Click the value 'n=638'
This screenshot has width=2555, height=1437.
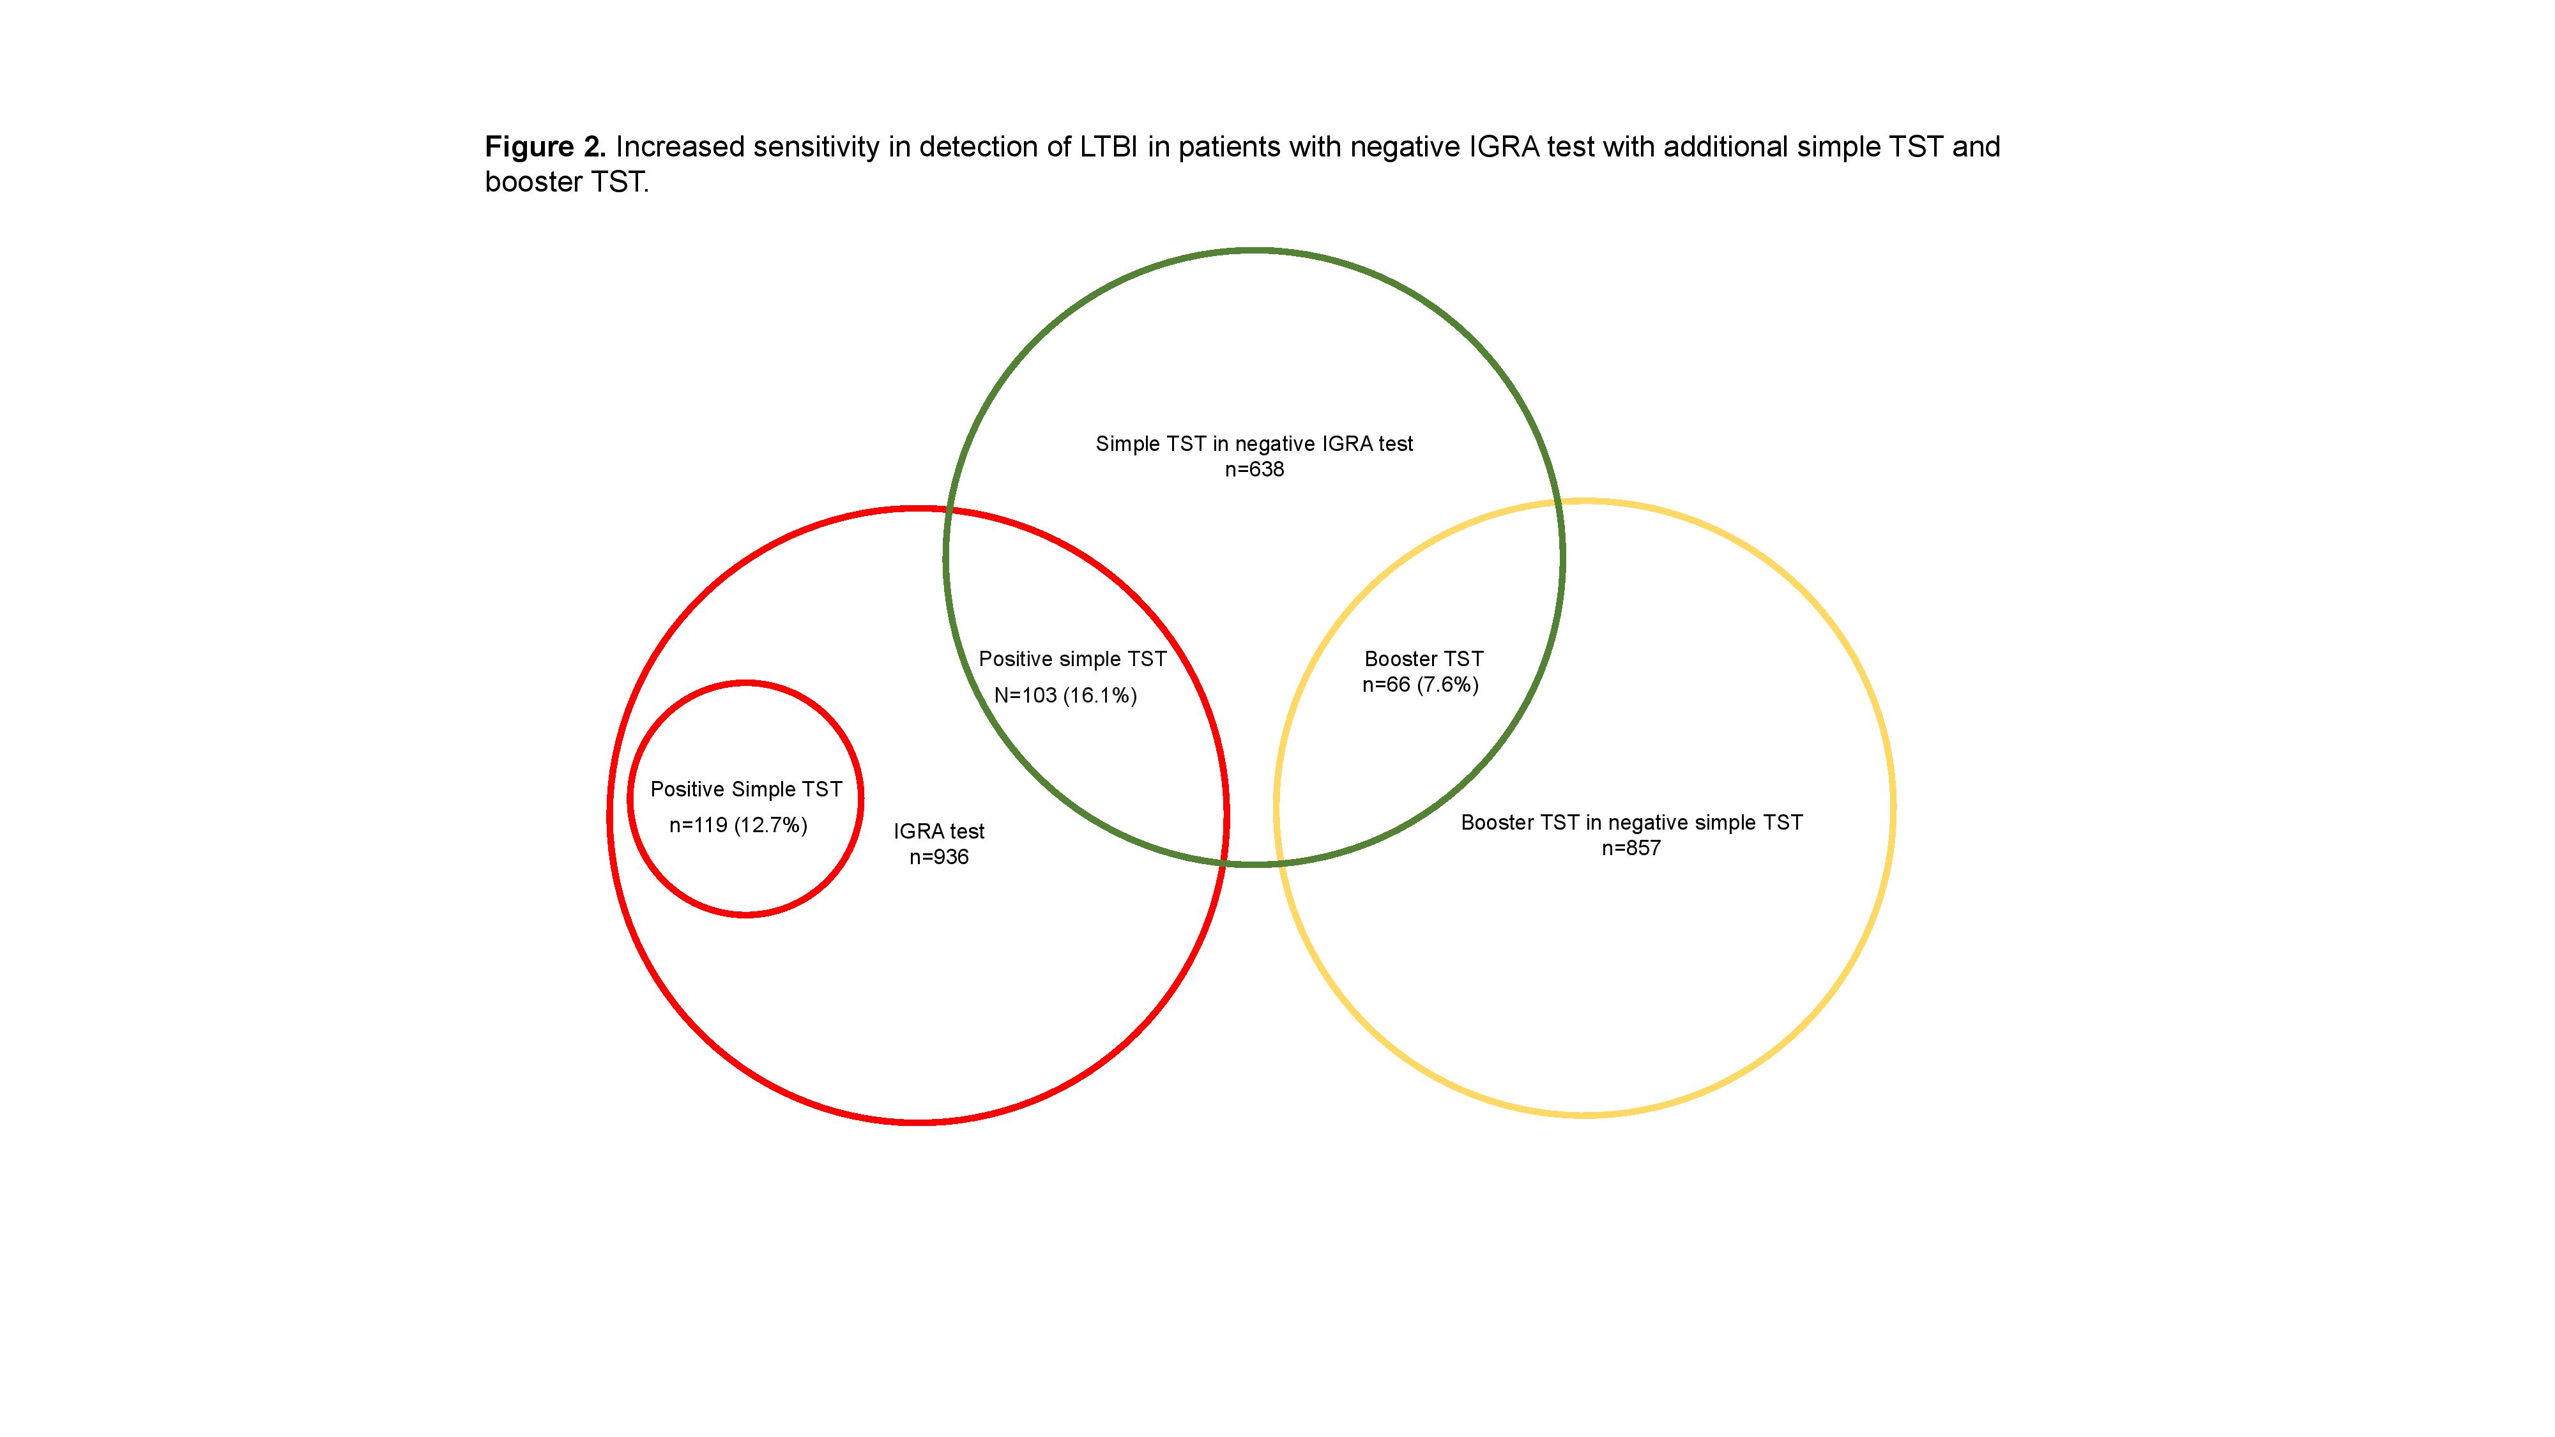pyautogui.click(x=1254, y=469)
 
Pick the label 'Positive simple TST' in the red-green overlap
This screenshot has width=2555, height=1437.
pyautogui.click(x=1072, y=660)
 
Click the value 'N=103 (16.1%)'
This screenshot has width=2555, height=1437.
pyautogui.click(x=1065, y=696)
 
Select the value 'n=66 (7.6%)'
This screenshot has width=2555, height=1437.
pyautogui.click(x=1421, y=684)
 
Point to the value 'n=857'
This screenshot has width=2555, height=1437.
pyautogui.click(x=1631, y=848)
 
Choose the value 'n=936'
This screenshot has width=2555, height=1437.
pyautogui.click(x=938, y=857)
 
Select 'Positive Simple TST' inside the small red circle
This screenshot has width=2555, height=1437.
pyautogui.click(x=746, y=789)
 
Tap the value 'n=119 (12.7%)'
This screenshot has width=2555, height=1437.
pyautogui.click(x=738, y=825)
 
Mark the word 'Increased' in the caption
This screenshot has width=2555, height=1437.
pyautogui.click(x=680, y=147)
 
